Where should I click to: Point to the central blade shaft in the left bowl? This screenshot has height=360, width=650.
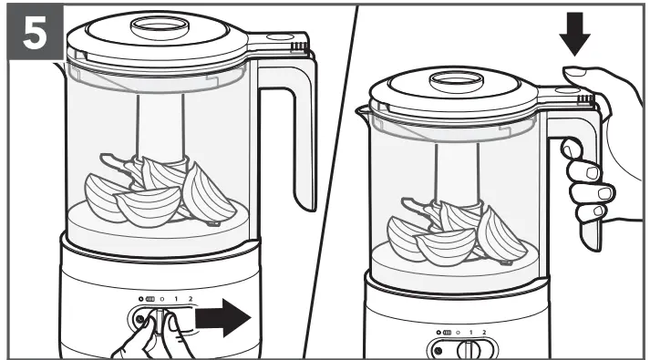coord(160,128)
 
